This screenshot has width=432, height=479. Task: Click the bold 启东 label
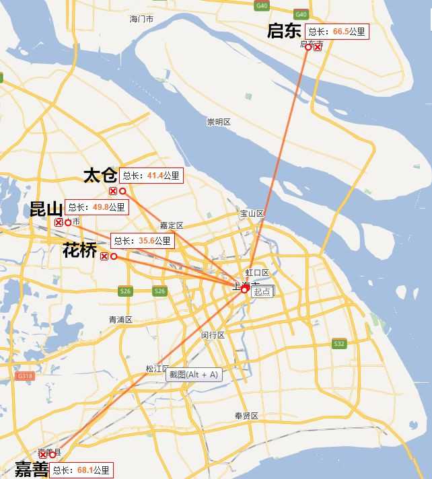click(x=284, y=31)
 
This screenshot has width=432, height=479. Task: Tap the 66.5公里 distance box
click(x=337, y=32)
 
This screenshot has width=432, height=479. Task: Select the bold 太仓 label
click(x=100, y=176)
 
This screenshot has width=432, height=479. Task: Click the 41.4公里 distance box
click(x=151, y=176)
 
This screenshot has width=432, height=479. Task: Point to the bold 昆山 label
click(x=46, y=208)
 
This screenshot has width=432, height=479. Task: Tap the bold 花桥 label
click(x=79, y=250)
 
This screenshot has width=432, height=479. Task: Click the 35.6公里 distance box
click(x=143, y=241)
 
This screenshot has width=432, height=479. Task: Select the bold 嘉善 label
click(x=32, y=470)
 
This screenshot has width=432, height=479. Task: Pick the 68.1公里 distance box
click(x=81, y=470)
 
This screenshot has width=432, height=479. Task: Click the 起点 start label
click(x=262, y=291)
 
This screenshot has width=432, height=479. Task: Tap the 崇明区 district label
click(x=219, y=122)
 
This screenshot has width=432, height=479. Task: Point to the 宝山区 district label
click(x=252, y=213)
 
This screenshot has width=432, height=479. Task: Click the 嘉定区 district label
click(x=172, y=225)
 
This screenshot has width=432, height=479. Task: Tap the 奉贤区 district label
click(x=246, y=416)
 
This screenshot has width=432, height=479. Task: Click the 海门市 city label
click(x=141, y=20)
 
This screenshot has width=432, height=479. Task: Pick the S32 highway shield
click(x=339, y=344)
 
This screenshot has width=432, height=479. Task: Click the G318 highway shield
click(x=25, y=375)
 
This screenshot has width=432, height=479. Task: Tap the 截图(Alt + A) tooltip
click(x=194, y=375)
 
